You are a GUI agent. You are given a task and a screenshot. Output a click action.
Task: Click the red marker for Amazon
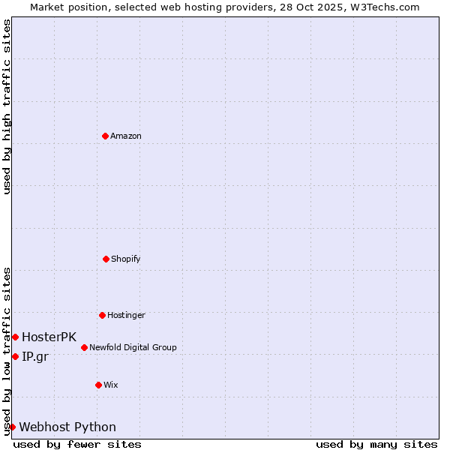coord(106,136)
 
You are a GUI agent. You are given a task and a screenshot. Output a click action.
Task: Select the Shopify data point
coord(106,259)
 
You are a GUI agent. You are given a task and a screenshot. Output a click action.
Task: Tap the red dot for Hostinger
coord(102,315)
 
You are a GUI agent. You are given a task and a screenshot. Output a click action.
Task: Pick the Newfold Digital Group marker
coord(84,347)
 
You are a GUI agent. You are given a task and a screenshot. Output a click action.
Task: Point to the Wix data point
coord(98,385)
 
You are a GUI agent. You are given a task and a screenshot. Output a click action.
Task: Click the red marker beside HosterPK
coord(15,337)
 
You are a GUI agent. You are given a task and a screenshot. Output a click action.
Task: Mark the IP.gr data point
coord(15,356)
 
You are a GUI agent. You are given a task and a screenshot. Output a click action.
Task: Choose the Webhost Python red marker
coord(12,427)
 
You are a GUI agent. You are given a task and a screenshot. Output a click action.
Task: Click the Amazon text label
coord(126,136)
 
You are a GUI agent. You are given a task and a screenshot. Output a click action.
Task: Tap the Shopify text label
coord(126,259)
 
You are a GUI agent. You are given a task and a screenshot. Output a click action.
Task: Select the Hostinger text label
coord(126,315)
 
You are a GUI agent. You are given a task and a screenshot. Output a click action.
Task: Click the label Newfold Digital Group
coord(133,347)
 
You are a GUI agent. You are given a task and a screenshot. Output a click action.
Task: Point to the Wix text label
coord(111,385)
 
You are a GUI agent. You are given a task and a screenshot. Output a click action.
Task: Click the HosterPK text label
coord(49,337)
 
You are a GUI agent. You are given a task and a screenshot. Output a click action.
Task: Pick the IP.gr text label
coord(34,356)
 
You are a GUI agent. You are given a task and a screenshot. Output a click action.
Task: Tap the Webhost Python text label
coord(67,427)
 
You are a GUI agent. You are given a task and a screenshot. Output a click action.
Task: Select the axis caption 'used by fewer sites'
coord(77,444)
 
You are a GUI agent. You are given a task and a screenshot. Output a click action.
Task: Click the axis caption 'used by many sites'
coord(376,444)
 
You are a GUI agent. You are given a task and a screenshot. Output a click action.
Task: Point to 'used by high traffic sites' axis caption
coord(7,106)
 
